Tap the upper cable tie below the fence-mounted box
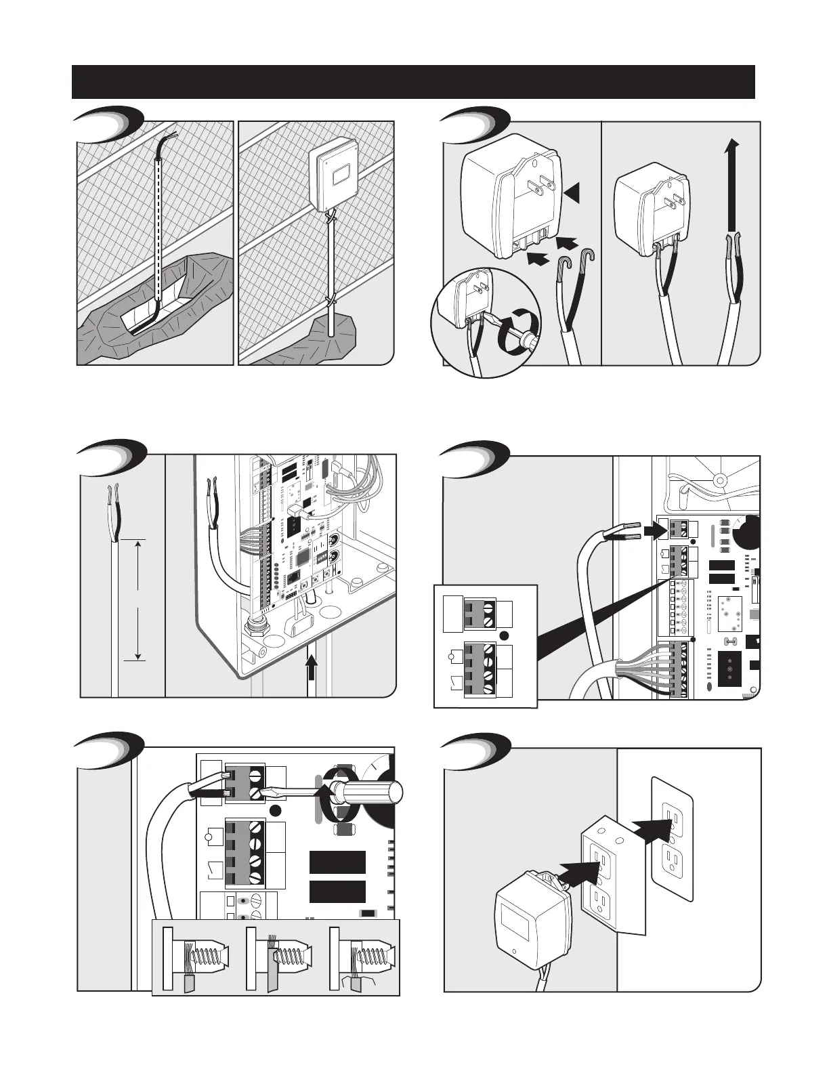click(331, 217)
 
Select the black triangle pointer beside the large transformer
click(572, 194)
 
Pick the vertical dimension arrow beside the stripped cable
click(138, 599)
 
